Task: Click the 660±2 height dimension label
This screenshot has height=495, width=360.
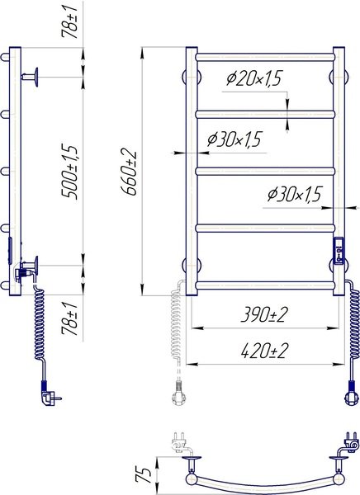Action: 129,173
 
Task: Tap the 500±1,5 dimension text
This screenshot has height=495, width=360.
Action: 69,172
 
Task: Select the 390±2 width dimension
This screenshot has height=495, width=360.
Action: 264,315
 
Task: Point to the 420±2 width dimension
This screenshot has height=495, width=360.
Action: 264,351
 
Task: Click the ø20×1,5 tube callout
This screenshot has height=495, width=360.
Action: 253,78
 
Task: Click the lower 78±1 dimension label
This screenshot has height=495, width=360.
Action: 69,318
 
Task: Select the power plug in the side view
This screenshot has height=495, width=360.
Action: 50,394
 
